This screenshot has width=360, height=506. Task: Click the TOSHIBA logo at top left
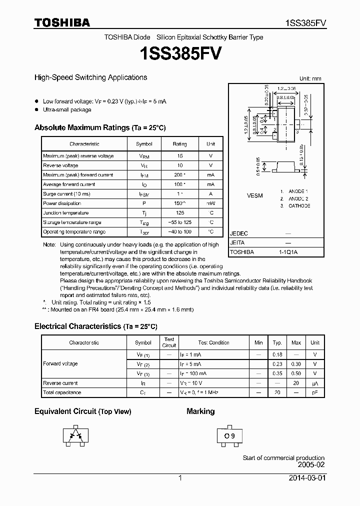[x=62, y=22]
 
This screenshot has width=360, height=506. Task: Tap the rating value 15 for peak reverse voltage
[x=179, y=156]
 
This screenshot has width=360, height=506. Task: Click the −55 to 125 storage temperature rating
[x=179, y=222]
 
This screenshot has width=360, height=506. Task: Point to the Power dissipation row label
[x=58, y=203]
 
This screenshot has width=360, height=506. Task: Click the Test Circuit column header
[x=169, y=342]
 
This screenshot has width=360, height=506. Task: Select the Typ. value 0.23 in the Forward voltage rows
[x=277, y=364]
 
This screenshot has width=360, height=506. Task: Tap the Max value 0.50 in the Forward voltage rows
[x=296, y=373]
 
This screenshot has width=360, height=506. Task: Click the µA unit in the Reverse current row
[x=315, y=383]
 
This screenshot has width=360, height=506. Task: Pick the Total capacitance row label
[x=62, y=392]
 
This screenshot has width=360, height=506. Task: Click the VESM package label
[x=254, y=195]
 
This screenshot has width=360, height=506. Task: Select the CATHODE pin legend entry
[x=299, y=206]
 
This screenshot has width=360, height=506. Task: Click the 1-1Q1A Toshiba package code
[x=288, y=252]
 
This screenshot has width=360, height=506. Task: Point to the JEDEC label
[x=238, y=233]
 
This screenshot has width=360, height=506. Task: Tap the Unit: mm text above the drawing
[x=310, y=78]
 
